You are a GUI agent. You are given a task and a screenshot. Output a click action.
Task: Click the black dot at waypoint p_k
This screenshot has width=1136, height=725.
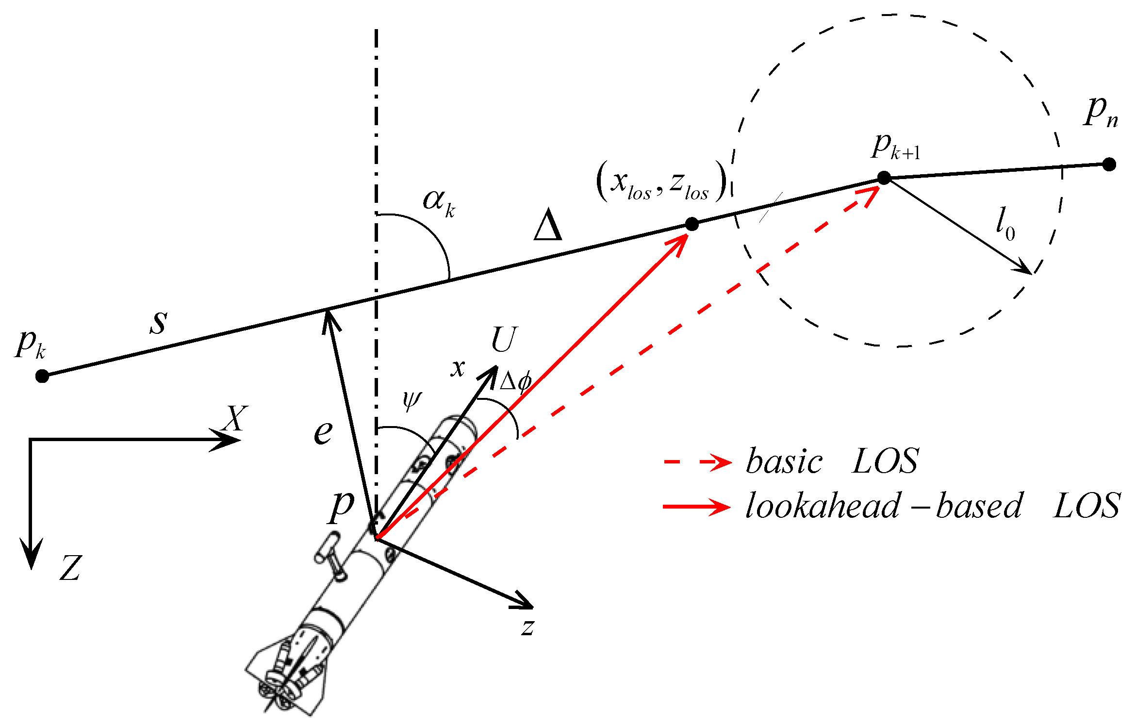(42, 376)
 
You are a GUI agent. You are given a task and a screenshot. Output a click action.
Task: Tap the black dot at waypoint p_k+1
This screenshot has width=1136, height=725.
(884, 178)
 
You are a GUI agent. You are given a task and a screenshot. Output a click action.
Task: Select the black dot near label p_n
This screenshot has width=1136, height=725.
(1109, 165)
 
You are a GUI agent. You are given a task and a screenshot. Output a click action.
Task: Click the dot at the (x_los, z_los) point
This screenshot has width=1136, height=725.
(691, 224)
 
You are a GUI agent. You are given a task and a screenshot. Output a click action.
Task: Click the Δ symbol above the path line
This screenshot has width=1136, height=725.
(547, 225)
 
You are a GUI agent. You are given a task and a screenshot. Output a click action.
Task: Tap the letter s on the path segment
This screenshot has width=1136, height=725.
(159, 322)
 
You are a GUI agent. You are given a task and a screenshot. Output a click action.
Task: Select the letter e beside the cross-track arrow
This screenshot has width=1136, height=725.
(323, 432)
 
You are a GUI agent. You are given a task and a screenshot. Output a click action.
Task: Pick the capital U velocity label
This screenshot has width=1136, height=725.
(504, 340)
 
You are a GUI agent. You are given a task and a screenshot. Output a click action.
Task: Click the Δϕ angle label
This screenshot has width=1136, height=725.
(515, 381)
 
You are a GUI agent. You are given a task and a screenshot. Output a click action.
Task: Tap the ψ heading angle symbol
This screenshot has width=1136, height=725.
(412, 400)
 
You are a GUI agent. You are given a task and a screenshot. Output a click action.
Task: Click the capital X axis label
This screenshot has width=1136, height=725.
(236, 418)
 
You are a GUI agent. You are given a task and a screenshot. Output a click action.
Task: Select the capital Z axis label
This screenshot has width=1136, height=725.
(70, 568)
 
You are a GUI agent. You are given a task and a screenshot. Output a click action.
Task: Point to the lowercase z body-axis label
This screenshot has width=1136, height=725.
(528, 626)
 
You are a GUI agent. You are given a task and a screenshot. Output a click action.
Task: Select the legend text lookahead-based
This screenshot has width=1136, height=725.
(883, 507)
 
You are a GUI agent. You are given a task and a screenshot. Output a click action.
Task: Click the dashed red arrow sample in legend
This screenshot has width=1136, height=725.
(697, 462)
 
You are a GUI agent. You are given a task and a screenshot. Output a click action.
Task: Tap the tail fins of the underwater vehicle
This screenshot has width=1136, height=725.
(286, 679)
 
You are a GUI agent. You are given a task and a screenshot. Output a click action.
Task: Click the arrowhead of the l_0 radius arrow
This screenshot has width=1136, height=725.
(1026, 270)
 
